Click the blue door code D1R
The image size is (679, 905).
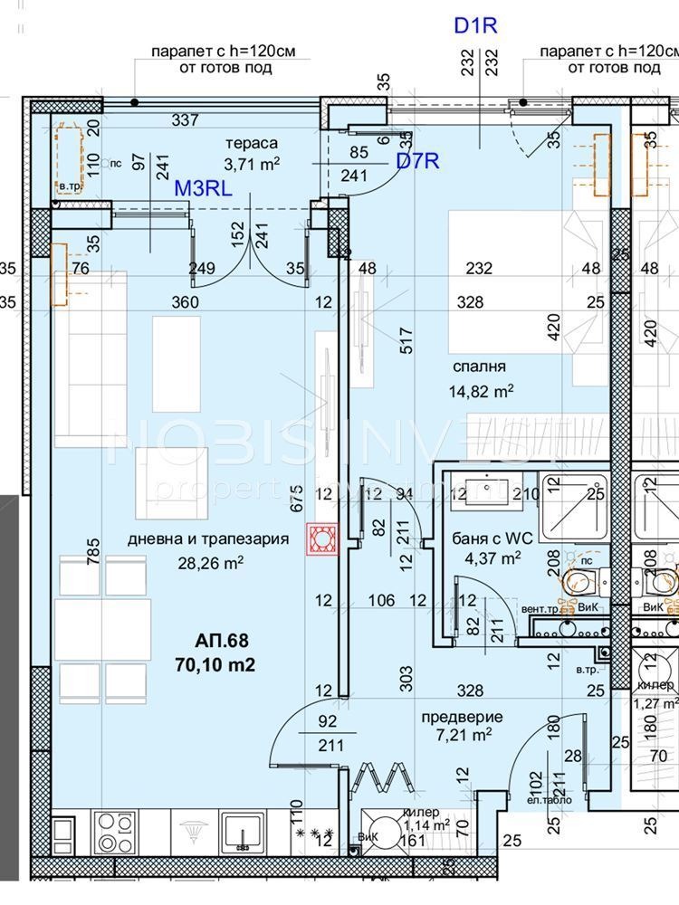click(476, 25)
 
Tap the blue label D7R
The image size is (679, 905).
click(417, 162)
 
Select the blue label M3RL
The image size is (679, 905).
click(204, 188)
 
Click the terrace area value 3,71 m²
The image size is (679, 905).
click(252, 163)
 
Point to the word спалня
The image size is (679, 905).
click(481, 367)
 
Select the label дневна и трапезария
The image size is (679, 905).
click(208, 539)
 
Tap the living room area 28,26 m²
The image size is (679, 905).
click(211, 561)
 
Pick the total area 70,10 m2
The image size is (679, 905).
click(215, 665)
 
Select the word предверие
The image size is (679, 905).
click(462, 717)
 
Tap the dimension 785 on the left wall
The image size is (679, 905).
click(92, 551)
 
